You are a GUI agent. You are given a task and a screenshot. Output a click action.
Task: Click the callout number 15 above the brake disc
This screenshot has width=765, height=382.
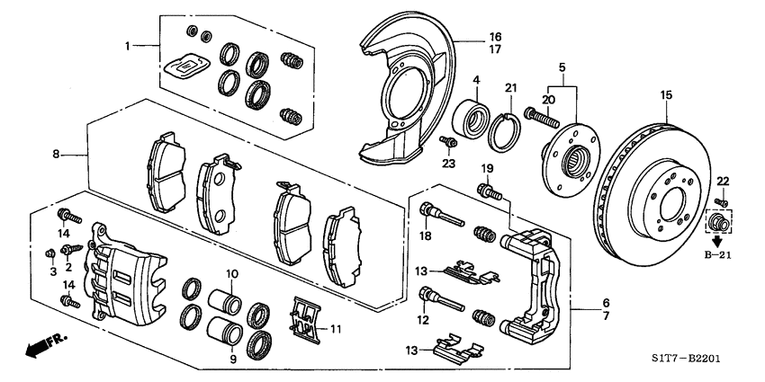[x=667, y=95]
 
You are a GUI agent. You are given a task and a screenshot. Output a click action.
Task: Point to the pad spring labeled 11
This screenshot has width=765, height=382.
[x=307, y=320]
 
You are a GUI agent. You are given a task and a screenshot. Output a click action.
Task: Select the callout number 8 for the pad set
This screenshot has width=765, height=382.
[x=57, y=155]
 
